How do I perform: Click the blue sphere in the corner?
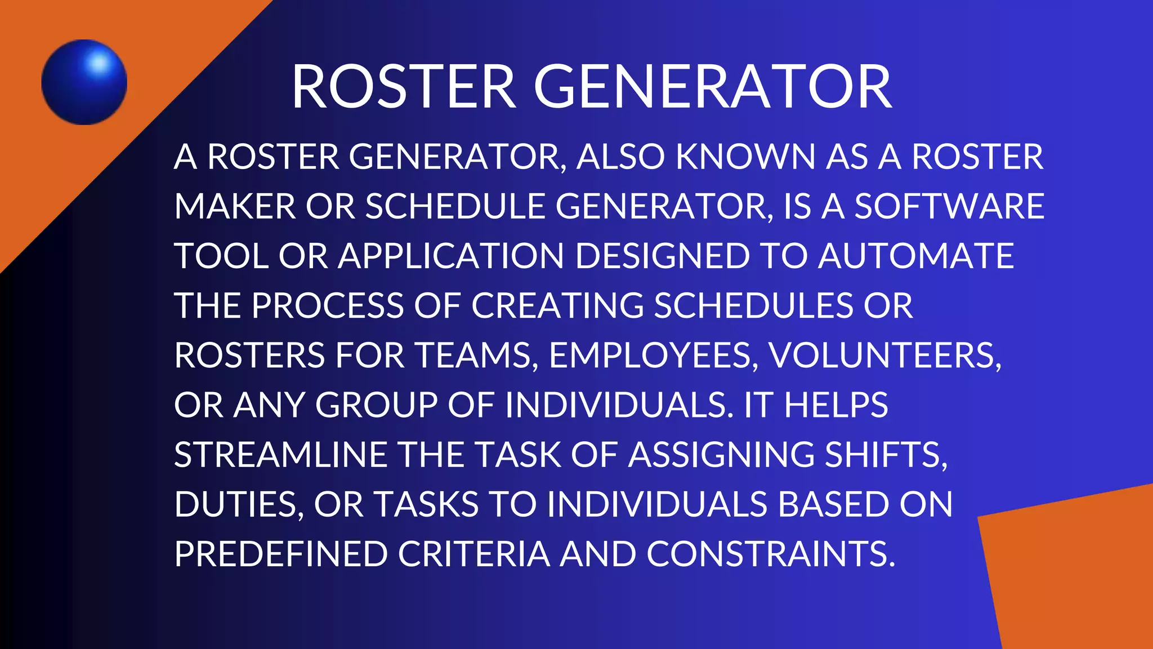pyautogui.click(x=84, y=82)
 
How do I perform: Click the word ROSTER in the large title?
pyautogui.click(x=404, y=87)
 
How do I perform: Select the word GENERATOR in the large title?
pyautogui.click(x=712, y=87)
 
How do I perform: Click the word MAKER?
pyautogui.click(x=235, y=206)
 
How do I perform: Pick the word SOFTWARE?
pyautogui.click(x=949, y=206)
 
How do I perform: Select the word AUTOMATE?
pyautogui.click(x=916, y=256)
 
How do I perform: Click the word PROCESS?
pyautogui.click(x=328, y=305)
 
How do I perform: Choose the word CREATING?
pyautogui.click(x=557, y=305)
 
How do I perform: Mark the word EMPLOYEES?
pyautogui.click(x=653, y=355)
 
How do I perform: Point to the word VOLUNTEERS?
pyautogui.click(x=884, y=355)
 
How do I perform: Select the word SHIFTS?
pyautogui.click(x=886, y=455)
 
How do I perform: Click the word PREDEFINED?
pyautogui.click(x=281, y=554)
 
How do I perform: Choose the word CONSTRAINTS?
pyautogui.click(x=770, y=554)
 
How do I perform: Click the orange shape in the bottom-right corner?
pyautogui.click(x=1075, y=575)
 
